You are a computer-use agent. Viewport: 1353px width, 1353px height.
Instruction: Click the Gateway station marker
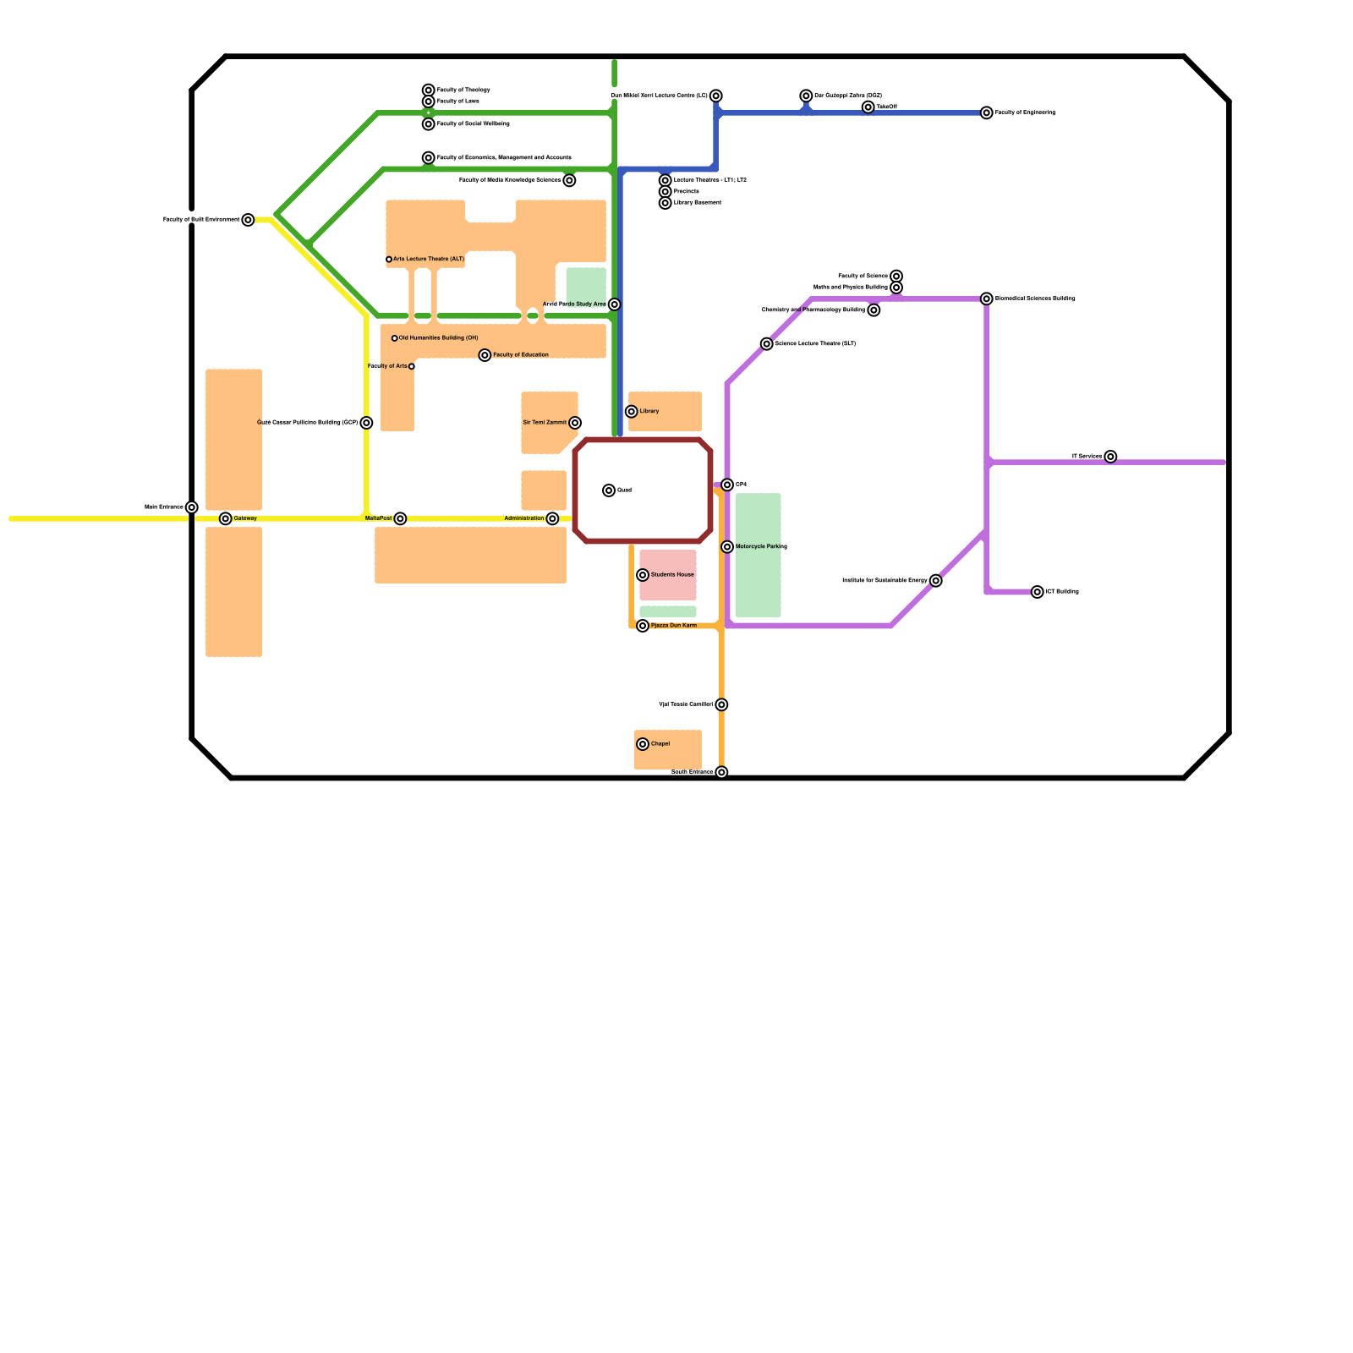tap(225, 518)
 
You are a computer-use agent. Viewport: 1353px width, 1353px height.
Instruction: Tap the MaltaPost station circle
tap(400, 518)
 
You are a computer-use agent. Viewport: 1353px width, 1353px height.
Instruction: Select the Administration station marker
tap(552, 518)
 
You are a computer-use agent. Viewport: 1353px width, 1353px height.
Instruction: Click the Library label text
tap(649, 412)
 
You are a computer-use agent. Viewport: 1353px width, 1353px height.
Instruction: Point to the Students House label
tap(672, 575)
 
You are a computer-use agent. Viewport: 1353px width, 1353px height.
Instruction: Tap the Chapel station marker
tap(643, 744)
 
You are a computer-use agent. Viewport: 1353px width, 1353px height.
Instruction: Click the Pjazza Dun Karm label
tap(674, 626)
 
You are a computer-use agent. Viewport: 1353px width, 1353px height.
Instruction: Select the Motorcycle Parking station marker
tap(727, 547)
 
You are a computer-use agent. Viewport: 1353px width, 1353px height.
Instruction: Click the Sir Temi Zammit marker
tap(575, 423)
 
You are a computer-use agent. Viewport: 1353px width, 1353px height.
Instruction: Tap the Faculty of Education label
tap(521, 355)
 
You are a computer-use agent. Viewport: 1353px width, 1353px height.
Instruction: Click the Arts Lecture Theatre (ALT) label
tap(429, 260)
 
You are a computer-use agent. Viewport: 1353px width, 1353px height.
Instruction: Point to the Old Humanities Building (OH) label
tap(438, 338)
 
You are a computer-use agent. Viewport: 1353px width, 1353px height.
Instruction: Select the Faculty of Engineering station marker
tap(987, 112)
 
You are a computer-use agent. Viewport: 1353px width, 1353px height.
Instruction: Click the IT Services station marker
tap(1110, 457)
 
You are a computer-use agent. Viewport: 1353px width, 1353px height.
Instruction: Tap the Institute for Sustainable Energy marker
tap(935, 581)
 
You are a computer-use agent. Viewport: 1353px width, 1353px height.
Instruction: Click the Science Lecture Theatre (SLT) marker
tap(766, 344)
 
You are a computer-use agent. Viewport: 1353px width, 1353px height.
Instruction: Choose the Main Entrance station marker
tap(192, 507)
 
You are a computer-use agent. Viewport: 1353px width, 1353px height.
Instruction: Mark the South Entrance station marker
tap(721, 772)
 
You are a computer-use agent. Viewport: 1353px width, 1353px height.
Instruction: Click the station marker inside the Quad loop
tap(609, 490)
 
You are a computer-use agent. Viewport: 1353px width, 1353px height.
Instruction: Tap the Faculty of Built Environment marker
tap(248, 220)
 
